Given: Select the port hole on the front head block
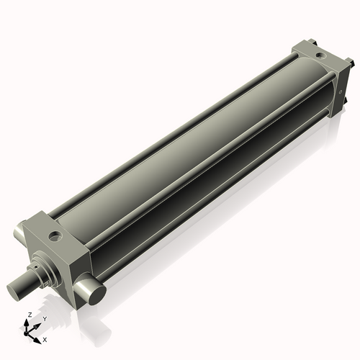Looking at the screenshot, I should pyautogui.click(x=55, y=235).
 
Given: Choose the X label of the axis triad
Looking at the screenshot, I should pyautogui.click(x=45, y=338).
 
